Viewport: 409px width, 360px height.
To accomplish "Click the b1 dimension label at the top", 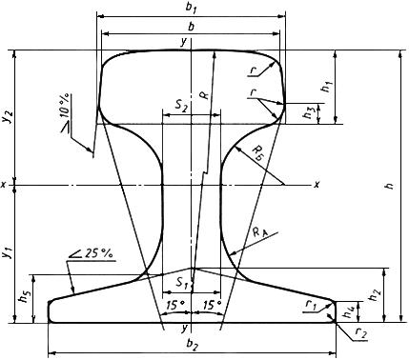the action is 191,8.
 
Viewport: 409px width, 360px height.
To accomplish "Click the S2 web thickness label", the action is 181,106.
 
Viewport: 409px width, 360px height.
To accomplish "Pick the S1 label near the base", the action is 182,283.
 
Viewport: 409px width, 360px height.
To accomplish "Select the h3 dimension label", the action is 308,113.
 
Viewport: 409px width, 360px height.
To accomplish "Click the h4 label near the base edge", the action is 350,312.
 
